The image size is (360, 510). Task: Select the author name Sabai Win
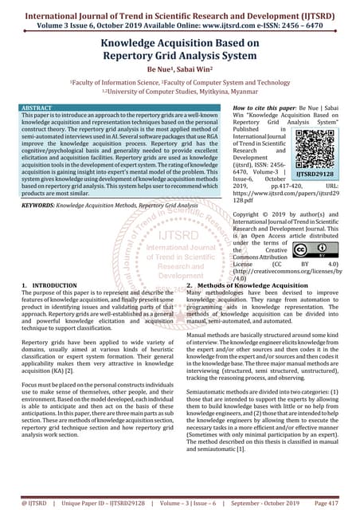coord(198,70)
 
